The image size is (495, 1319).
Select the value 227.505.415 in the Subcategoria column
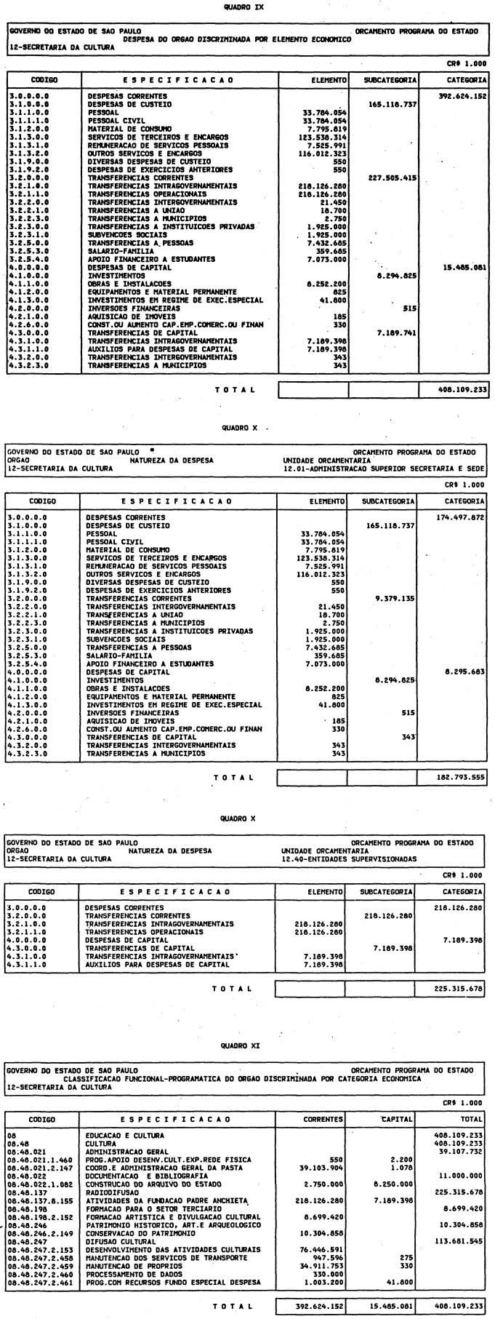tap(393, 177)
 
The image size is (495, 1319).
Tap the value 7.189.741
tap(393, 332)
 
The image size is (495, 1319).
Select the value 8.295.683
tap(464, 672)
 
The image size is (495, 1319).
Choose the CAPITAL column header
tap(399, 1119)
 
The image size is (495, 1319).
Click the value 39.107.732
tap(462, 1151)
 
